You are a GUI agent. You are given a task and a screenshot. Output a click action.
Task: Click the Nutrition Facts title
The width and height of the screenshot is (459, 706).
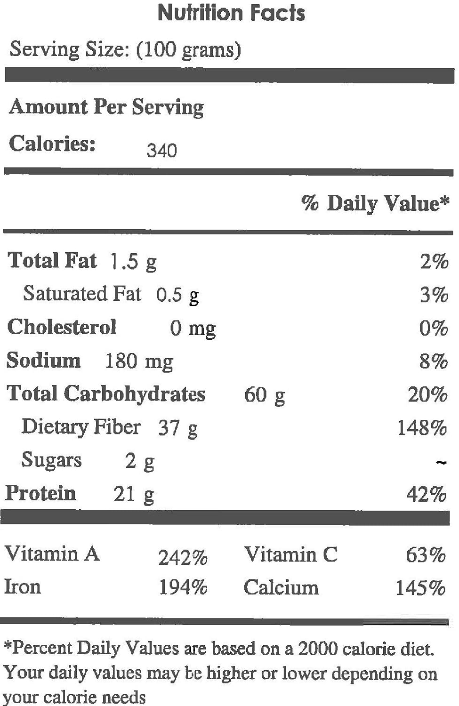(231, 13)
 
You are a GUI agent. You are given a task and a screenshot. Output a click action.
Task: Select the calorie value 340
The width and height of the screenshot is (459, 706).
(161, 151)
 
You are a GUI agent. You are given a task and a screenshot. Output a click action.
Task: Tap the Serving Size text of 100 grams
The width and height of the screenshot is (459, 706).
(125, 49)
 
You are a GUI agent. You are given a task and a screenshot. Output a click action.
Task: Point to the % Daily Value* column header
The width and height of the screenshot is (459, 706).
(375, 203)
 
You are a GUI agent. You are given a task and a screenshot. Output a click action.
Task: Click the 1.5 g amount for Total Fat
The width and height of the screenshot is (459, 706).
(133, 262)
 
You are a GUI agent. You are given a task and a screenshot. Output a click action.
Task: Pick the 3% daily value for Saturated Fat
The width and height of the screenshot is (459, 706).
(434, 295)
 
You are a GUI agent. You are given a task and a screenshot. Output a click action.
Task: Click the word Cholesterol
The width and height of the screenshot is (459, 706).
(62, 327)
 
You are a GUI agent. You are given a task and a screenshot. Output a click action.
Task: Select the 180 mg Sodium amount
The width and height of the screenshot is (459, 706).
(139, 361)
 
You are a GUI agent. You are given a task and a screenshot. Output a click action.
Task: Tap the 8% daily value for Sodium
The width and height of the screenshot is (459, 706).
(434, 361)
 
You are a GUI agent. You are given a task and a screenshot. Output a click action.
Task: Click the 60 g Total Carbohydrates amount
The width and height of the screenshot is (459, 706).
(265, 395)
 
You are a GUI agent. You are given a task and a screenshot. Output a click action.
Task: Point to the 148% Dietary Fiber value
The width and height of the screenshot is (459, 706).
(422, 428)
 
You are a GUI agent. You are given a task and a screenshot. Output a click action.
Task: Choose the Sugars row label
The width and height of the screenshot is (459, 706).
(51, 460)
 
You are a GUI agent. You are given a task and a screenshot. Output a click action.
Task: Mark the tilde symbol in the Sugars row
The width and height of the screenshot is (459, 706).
(441, 463)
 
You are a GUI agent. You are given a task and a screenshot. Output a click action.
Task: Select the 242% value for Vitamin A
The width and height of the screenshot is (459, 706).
(183, 558)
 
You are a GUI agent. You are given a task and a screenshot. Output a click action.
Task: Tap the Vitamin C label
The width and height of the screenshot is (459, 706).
(290, 554)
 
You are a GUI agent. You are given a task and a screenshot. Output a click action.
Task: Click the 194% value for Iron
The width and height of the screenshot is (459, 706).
(183, 587)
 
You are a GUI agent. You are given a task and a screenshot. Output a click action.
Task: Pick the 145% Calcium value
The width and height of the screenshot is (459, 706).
(420, 588)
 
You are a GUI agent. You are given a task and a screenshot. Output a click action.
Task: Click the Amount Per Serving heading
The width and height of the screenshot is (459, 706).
(106, 107)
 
